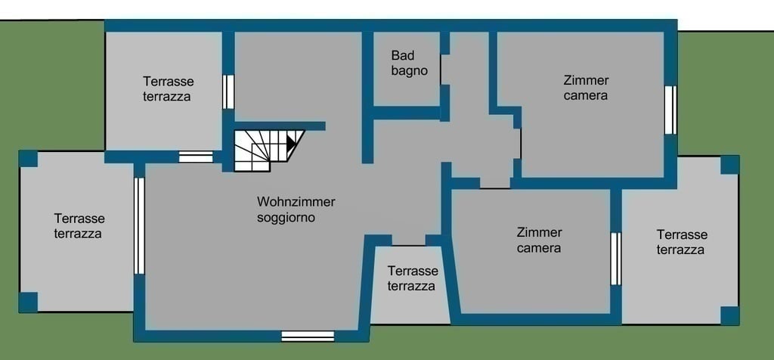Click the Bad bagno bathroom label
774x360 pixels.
[409, 63]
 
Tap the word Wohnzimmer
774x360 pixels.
[296, 201]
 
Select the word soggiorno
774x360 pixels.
[286, 217]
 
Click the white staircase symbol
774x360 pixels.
[268, 150]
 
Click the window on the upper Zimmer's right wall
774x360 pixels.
[670, 110]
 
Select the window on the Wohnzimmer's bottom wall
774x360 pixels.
[308, 336]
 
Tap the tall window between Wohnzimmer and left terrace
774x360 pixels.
[139, 226]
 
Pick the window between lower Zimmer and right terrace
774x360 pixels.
[616, 259]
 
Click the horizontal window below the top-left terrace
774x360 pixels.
[196, 157]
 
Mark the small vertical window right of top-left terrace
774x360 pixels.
[228, 92]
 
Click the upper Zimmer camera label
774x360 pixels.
[586, 88]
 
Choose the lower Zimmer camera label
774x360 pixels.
[539, 240]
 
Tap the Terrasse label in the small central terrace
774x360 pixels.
[413, 271]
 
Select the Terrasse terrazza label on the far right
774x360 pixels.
[682, 242]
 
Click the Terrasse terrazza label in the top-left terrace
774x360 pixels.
[168, 88]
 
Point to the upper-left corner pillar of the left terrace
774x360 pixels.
[28, 159]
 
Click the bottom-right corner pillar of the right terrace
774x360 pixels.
[729, 315]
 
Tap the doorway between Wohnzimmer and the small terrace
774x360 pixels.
[409, 240]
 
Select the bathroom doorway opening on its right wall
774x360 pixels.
[444, 70]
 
